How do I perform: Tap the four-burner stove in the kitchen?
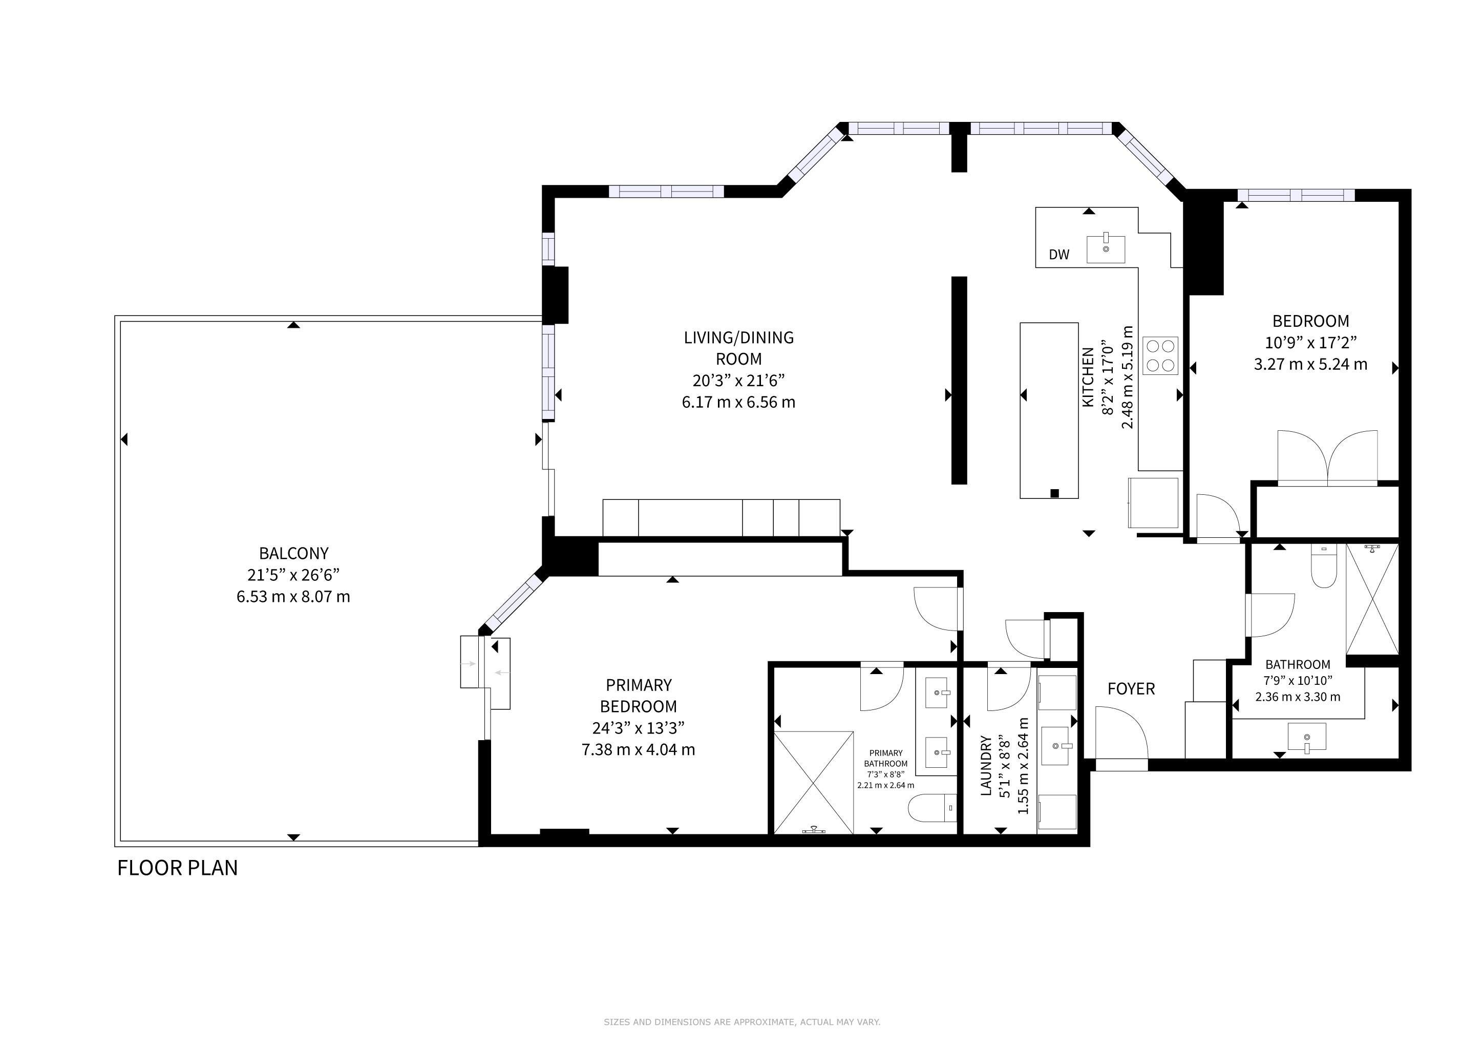tap(1160, 356)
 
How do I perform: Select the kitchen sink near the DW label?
tap(1106, 249)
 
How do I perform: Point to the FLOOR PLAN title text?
tap(178, 868)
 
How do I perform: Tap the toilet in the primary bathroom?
tap(932, 807)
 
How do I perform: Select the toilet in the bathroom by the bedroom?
tap(1323, 566)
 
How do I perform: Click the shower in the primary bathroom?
tap(814, 782)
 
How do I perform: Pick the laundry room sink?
tap(1057, 746)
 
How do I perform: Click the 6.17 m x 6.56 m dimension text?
tap(739, 403)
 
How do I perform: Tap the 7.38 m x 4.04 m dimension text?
tap(638, 750)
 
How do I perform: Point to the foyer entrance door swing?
tap(1122, 732)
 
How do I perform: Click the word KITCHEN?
tap(1088, 377)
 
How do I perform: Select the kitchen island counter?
tap(1049, 410)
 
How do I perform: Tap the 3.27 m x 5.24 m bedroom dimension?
tap(1310, 364)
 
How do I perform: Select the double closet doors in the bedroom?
tap(1328, 457)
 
